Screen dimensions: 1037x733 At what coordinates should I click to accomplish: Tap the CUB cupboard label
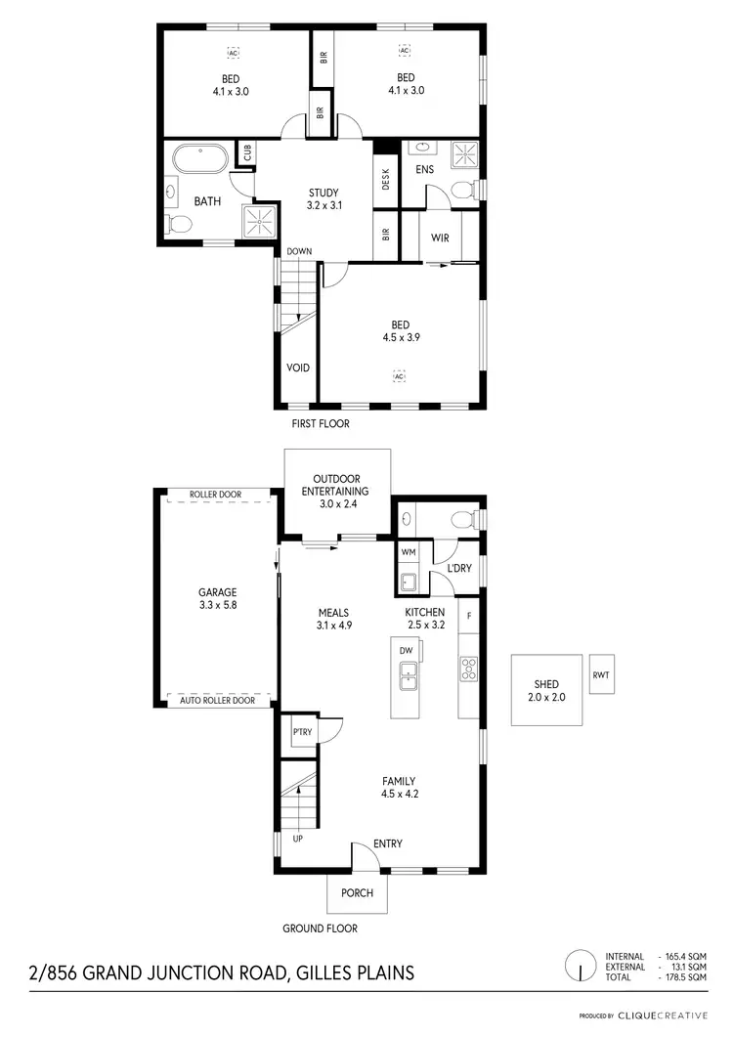pyautogui.click(x=246, y=153)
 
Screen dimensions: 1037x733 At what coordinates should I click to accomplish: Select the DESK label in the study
pyautogui.click(x=386, y=180)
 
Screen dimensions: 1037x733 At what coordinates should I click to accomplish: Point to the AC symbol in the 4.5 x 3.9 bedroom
pyautogui.click(x=399, y=375)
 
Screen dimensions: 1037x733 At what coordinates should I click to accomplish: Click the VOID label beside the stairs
pyautogui.click(x=298, y=367)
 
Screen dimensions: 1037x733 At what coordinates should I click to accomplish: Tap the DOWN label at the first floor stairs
pyautogui.click(x=299, y=251)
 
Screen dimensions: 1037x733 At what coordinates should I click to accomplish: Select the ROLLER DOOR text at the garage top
pyautogui.click(x=216, y=495)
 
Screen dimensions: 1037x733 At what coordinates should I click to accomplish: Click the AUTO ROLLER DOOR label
pyautogui.click(x=216, y=700)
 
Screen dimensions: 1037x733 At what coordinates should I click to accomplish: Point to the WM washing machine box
pyautogui.click(x=409, y=553)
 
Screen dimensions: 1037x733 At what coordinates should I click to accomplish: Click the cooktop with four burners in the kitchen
pyautogui.click(x=468, y=670)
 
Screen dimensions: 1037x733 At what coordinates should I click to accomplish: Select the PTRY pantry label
pyautogui.click(x=301, y=731)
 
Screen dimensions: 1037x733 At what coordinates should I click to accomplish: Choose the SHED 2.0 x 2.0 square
pyautogui.click(x=545, y=690)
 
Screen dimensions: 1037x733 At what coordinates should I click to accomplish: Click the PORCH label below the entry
pyautogui.click(x=356, y=892)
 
